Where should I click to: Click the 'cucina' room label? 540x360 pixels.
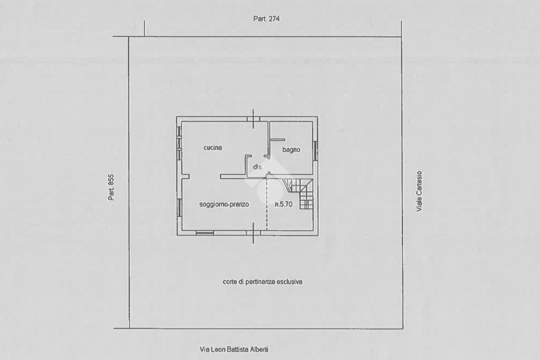pyautogui.click(x=213, y=148)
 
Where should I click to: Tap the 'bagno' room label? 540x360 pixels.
pyautogui.click(x=291, y=150)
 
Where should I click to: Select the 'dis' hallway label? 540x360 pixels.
pyautogui.click(x=257, y=167)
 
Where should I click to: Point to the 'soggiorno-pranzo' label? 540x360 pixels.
pyautogui.click(x=224, y=205)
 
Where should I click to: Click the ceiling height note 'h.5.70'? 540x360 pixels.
pyautogui.click(x=284, y=205)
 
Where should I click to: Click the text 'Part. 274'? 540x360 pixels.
pyautogui.click(x=266, y=18)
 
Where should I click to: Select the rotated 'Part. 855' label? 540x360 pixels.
pyautogui.click(x=111, y=187)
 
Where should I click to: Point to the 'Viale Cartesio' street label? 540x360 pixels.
pyautogui.click(x=419, y=191)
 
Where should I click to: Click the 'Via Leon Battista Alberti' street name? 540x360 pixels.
pyautogui.click(x=237, y=349)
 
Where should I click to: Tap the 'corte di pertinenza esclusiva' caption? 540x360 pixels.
pyautogui.click(x=263, y=282)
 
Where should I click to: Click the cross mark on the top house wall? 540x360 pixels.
pyautogui.click(x=253, y=119)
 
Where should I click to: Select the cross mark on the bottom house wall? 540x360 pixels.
pyautogui.click(x=253, y=232)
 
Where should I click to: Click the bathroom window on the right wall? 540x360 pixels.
pyautogui.click(x=315, y=151)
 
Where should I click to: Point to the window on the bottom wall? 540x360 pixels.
pyautogui.click(x=205, y=232)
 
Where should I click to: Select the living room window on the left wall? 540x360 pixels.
pyautogui.click(x=179, y=207)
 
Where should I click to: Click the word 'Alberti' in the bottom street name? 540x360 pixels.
pyautogui.click(x=265, y=349)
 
